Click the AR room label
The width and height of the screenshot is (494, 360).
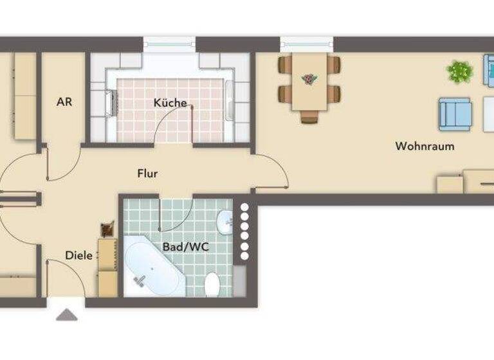click(x=63, y=102)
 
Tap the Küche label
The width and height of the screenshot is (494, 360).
click(x=170, y=103)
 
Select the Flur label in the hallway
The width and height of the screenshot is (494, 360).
click(x=147, y=174)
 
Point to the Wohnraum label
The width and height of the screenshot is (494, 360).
click(x=425, y=147)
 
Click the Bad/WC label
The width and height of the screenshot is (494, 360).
click(x=181, y=246)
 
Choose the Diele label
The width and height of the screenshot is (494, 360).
click(x=79, y=255)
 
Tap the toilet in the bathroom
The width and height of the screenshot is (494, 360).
click(x=212, y=282)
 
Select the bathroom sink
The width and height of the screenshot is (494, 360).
click(x=225, y=222)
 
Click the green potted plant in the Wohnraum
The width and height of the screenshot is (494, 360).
click(x=459, y=71)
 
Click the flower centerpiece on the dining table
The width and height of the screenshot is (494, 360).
click(x=309, y=79)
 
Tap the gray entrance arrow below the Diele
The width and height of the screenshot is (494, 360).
click(x=67, y=314)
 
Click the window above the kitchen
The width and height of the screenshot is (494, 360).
click(x=169, y=44)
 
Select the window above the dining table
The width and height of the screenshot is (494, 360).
click(x=307, y=44)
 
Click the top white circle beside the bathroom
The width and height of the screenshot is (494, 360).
click(x=244, y=208)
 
